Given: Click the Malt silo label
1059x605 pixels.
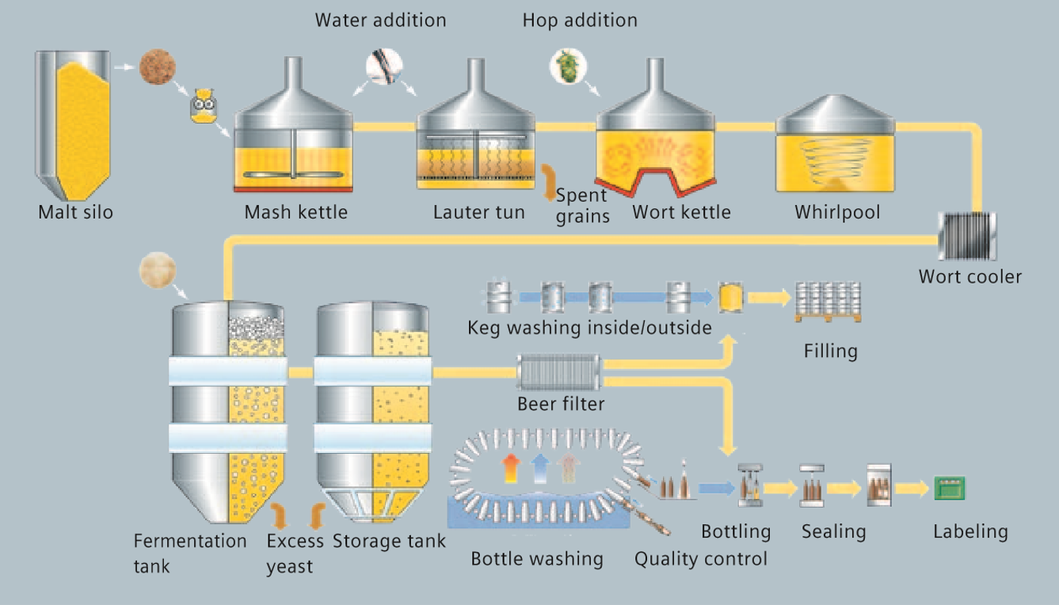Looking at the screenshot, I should [75, 212].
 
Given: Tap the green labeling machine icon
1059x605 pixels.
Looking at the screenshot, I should [949, 488].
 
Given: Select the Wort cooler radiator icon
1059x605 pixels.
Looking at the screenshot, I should [966, 236].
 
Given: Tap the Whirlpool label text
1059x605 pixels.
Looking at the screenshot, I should [837, 212].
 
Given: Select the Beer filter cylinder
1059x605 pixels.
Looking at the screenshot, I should [559, 371].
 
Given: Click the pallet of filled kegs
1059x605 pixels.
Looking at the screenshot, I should [828, 301].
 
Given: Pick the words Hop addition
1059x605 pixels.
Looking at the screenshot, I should [580, 20].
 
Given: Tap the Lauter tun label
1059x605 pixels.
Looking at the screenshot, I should [478, 212].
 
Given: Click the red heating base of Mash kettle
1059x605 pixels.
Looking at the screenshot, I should [292, 188].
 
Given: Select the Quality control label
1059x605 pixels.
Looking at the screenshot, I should [701, 559].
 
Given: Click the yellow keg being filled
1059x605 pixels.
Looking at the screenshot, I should [729, 298].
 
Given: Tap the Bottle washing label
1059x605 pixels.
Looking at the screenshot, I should [537, 559].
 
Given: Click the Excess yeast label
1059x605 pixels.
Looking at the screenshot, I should [295, 554].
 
